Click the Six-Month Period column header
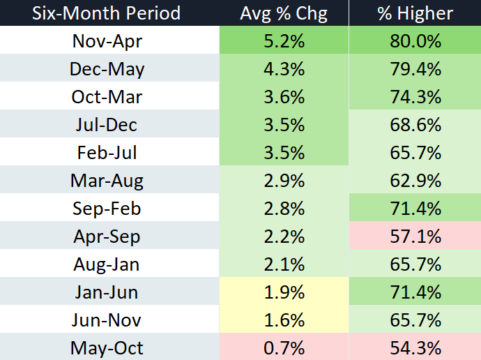pyautogui.click(x=107, y=13)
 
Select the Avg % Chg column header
pyautogui.click(x=284, y=14)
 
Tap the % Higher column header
pyautogui.click(x=415, y=14)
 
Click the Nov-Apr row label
pyautogui.click(x=107, y=41)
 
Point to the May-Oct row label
pyautogui.click(x=107, y=348)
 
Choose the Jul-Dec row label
pyautogui.click(x=107, y=125)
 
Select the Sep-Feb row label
pyautogui.click(x=107, y=209)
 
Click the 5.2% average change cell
pyautogui.click(x=284, y=41)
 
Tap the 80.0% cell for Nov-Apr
pyautogui.click(x=415, y=41)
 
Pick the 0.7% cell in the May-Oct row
pyautogui.click(x=284, y=348)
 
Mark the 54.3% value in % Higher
pyautogui.click(x=415, y=348)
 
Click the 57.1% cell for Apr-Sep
pyautogui.click(x=415, y=237)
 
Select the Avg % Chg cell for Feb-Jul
pyautogui.click(x=284, y=153)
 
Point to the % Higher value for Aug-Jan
pyautogui.click(x=415, y=264)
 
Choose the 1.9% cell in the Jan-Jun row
pyautogui.click(x=284, y=292)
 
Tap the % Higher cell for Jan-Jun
pyautogui.click(x=415, y=292)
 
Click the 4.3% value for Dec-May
pyautogui.click(x=284, y=69)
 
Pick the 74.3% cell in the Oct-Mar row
pyautogui.click(x=415, y=97)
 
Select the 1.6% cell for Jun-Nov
pyautogui.click(x=284, y=320)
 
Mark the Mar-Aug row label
pyautogui.click(x=107, y=181)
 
